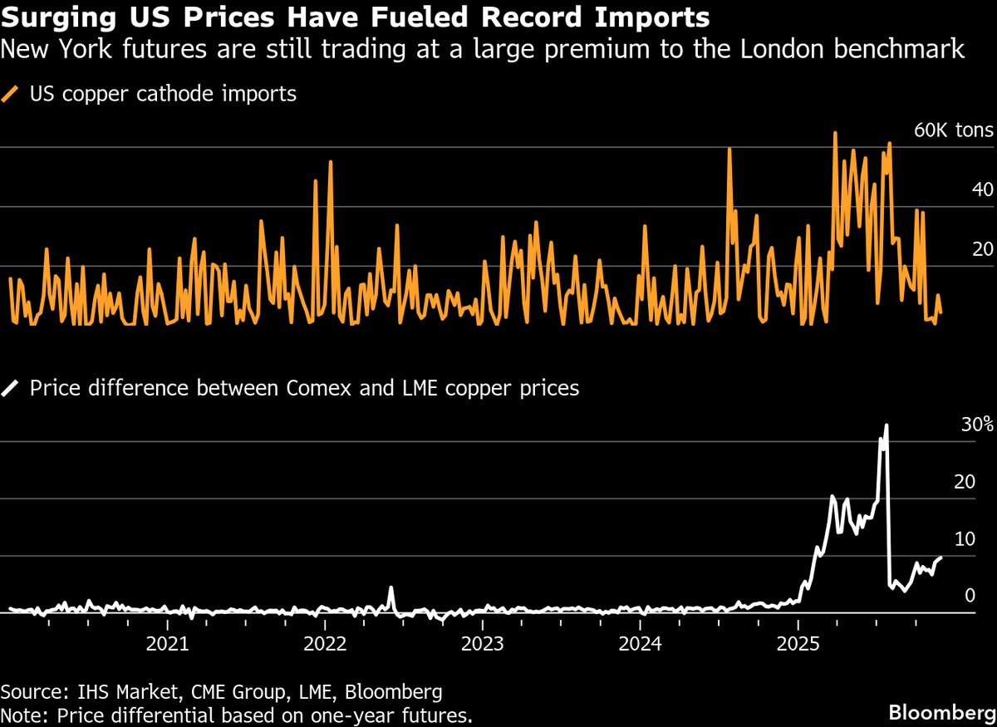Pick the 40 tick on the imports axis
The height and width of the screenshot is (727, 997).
tap(983, 189)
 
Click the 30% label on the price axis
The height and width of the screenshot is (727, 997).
tap(977, 425)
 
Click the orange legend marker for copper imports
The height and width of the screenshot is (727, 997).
tap(11, 95)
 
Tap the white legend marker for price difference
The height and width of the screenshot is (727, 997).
tap(11, 388)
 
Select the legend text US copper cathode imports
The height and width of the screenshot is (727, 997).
tap(163, 94)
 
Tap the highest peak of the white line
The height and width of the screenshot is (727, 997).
tap(886, 425)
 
